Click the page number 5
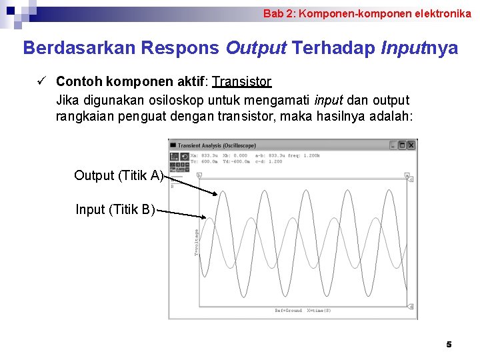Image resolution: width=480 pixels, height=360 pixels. tap(449, 345)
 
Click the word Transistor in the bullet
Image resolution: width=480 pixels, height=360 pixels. tap(242, 82)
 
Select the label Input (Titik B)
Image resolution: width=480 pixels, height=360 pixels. tap(115, 210)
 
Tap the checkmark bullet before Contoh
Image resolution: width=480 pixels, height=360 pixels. tap(41, 81)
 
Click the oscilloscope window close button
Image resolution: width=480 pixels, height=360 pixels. tap(411, 145)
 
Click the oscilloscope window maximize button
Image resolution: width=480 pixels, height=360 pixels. tap(403, 145)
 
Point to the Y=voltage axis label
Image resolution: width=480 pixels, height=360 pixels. tap(197, 243)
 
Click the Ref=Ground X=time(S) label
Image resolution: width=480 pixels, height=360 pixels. tap(303, 311)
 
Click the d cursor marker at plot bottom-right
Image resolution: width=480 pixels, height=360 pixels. tap(411, 307)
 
